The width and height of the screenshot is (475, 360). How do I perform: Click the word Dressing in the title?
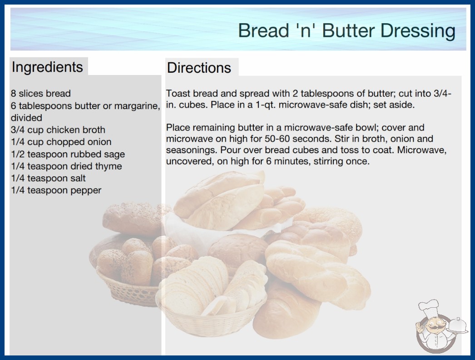click(418, 31)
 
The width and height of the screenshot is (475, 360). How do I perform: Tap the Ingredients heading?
click(47, 67)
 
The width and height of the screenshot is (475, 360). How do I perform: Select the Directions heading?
click(199, 68)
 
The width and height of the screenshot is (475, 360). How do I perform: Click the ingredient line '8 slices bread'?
click(40, 94)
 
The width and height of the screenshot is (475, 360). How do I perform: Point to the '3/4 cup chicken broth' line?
click(58, 130)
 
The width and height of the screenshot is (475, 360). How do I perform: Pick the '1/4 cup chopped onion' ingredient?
click(61, 142)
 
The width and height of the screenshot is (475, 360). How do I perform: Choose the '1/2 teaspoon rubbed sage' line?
click(68, 154)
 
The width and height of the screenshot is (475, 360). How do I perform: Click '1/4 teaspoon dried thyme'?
click(66, 166)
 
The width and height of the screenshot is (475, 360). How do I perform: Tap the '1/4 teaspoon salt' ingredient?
click(48, 178)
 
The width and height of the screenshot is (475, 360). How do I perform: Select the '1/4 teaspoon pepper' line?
click(56, 190)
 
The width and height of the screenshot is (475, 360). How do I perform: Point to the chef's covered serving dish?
click(457, 326)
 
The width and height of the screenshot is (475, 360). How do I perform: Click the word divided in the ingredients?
click(26, 118)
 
